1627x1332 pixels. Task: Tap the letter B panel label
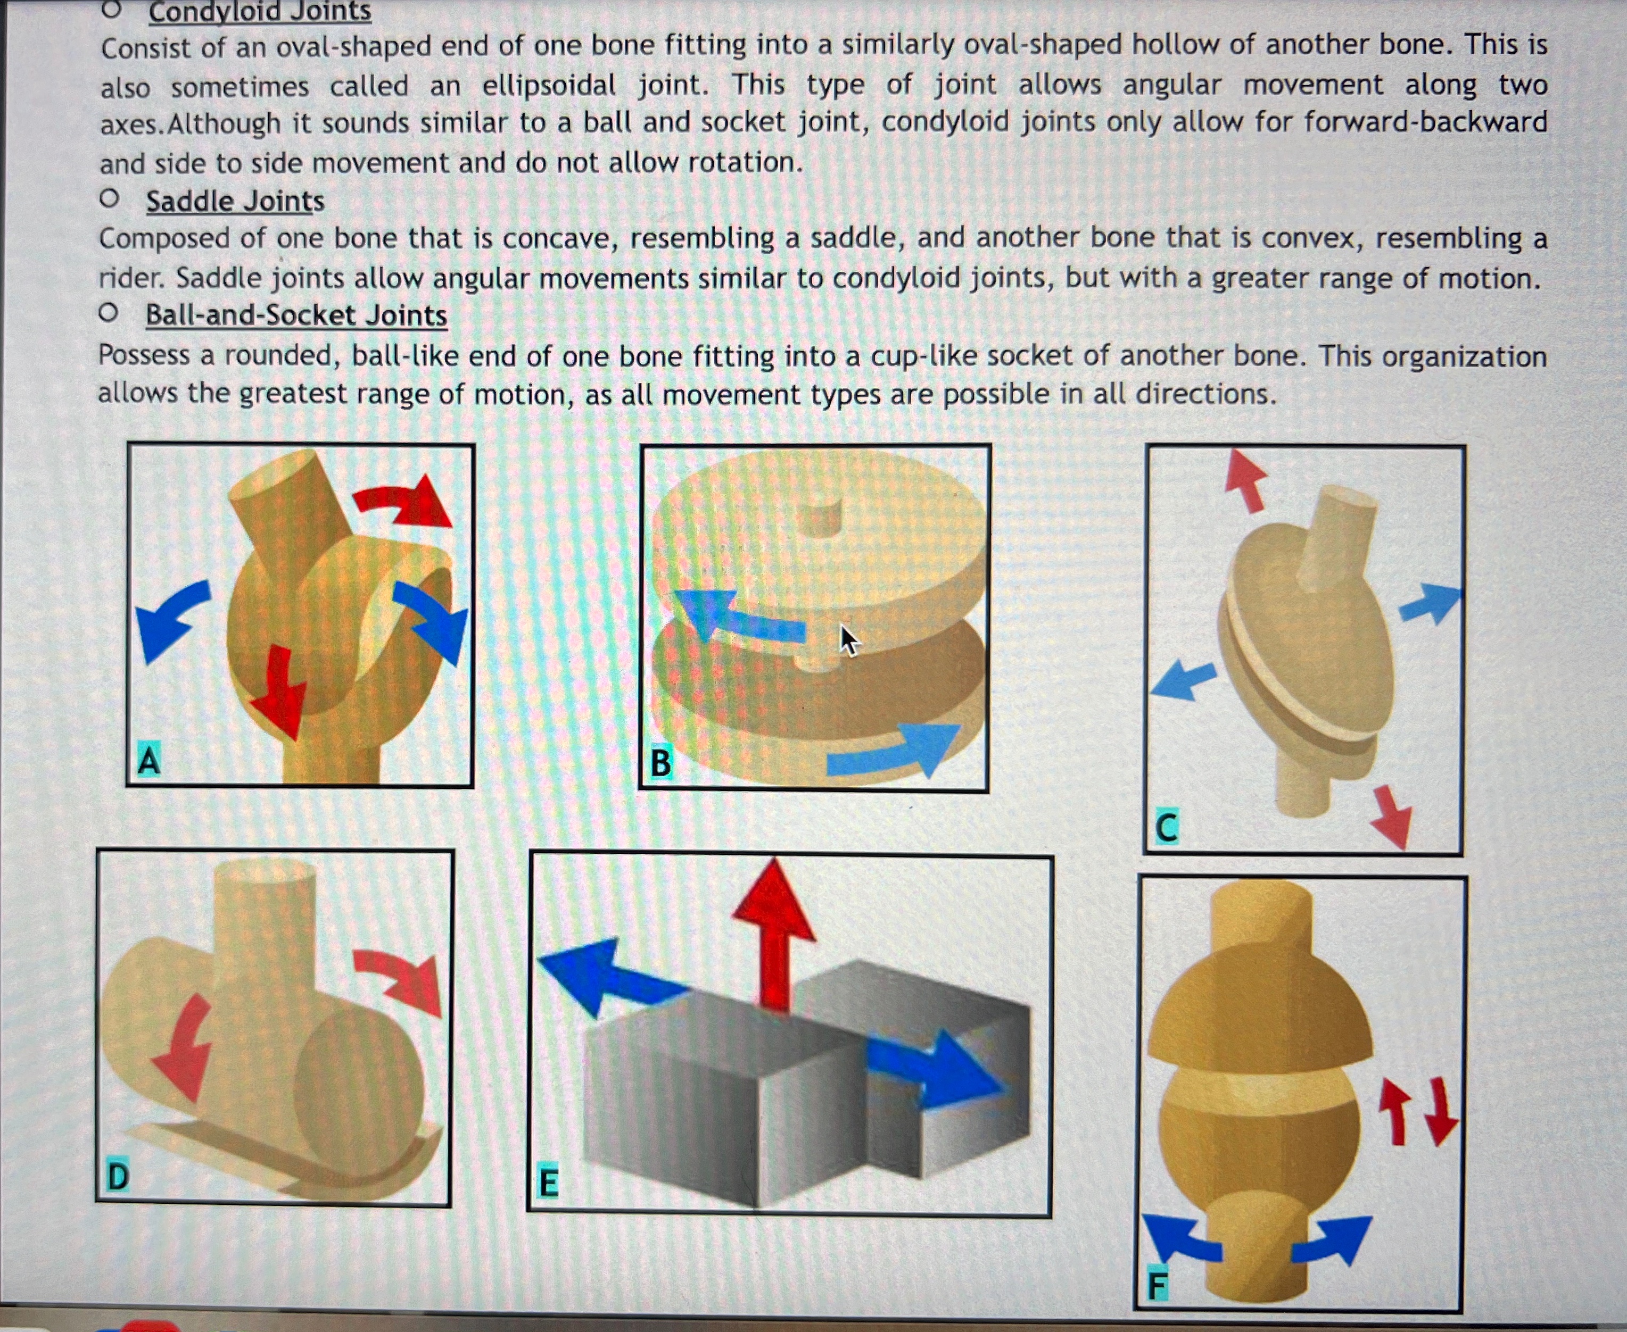point(660,763)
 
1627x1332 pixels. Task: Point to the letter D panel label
point(118,1176)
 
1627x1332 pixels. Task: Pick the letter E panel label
point(548,1183)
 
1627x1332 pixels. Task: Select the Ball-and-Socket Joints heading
point(296,315)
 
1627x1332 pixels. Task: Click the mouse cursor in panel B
point(847,640)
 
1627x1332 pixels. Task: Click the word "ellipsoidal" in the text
point(549,85)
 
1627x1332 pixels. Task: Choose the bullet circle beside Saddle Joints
point(109,199)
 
